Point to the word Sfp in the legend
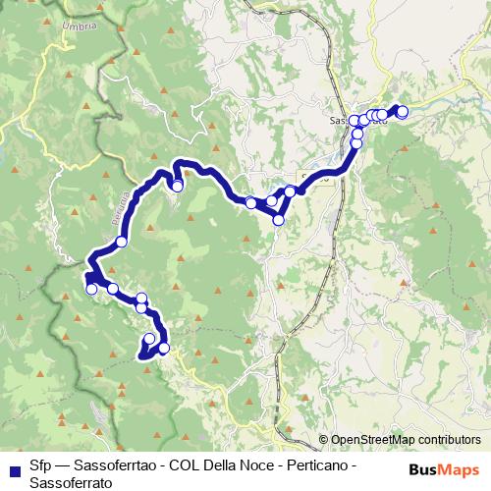[40, 464]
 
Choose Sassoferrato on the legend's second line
[70, 481]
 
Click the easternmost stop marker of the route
[402, 111]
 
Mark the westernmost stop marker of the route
[91, 289]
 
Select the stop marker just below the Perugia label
[122, 242]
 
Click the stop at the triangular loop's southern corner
[278, 220]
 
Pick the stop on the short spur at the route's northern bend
[178, 185]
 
